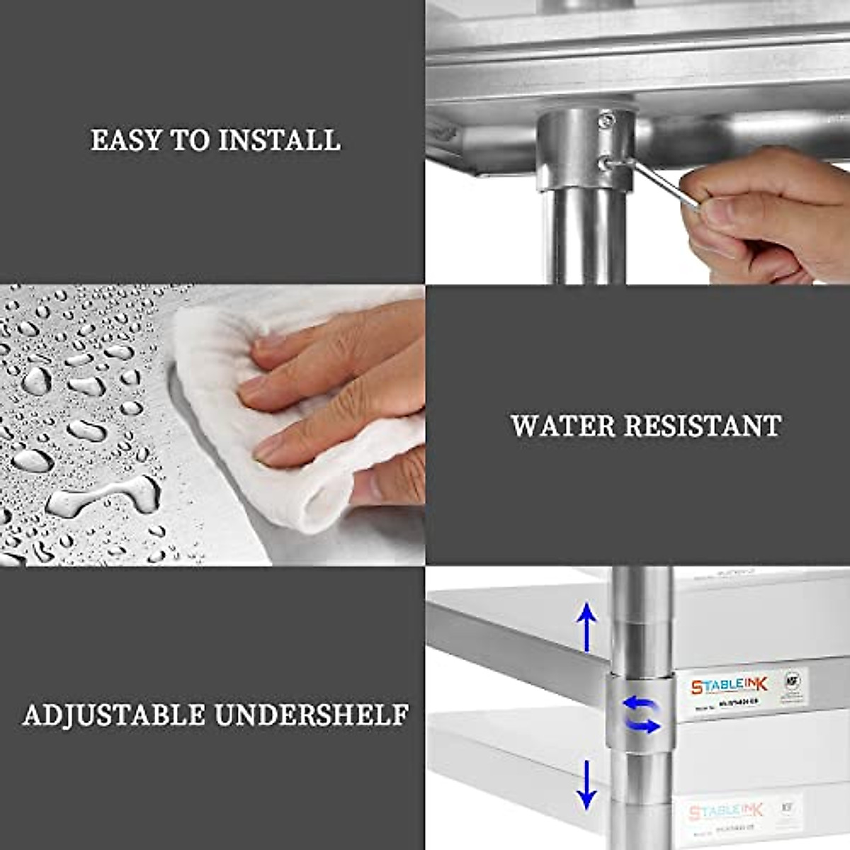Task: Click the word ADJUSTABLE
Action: [x=113, y=715]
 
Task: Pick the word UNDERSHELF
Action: [x=312, y=715]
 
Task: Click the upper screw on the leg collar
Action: [x=606, y=121]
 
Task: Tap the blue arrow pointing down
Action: [x=586, y=783]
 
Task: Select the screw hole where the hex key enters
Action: [x=603, y=164]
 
